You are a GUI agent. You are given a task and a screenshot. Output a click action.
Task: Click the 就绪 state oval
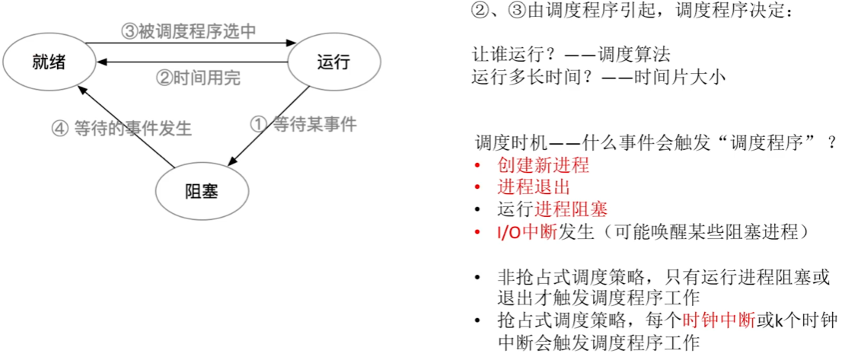pos(49,62)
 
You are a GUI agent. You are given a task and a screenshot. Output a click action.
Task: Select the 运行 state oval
pos(333,62)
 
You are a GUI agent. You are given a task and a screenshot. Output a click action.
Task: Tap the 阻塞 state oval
pos(202,190)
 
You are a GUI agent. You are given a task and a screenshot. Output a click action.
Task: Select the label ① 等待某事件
pos(303,123)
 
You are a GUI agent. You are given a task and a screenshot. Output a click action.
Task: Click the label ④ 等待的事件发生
pos(121,129)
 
